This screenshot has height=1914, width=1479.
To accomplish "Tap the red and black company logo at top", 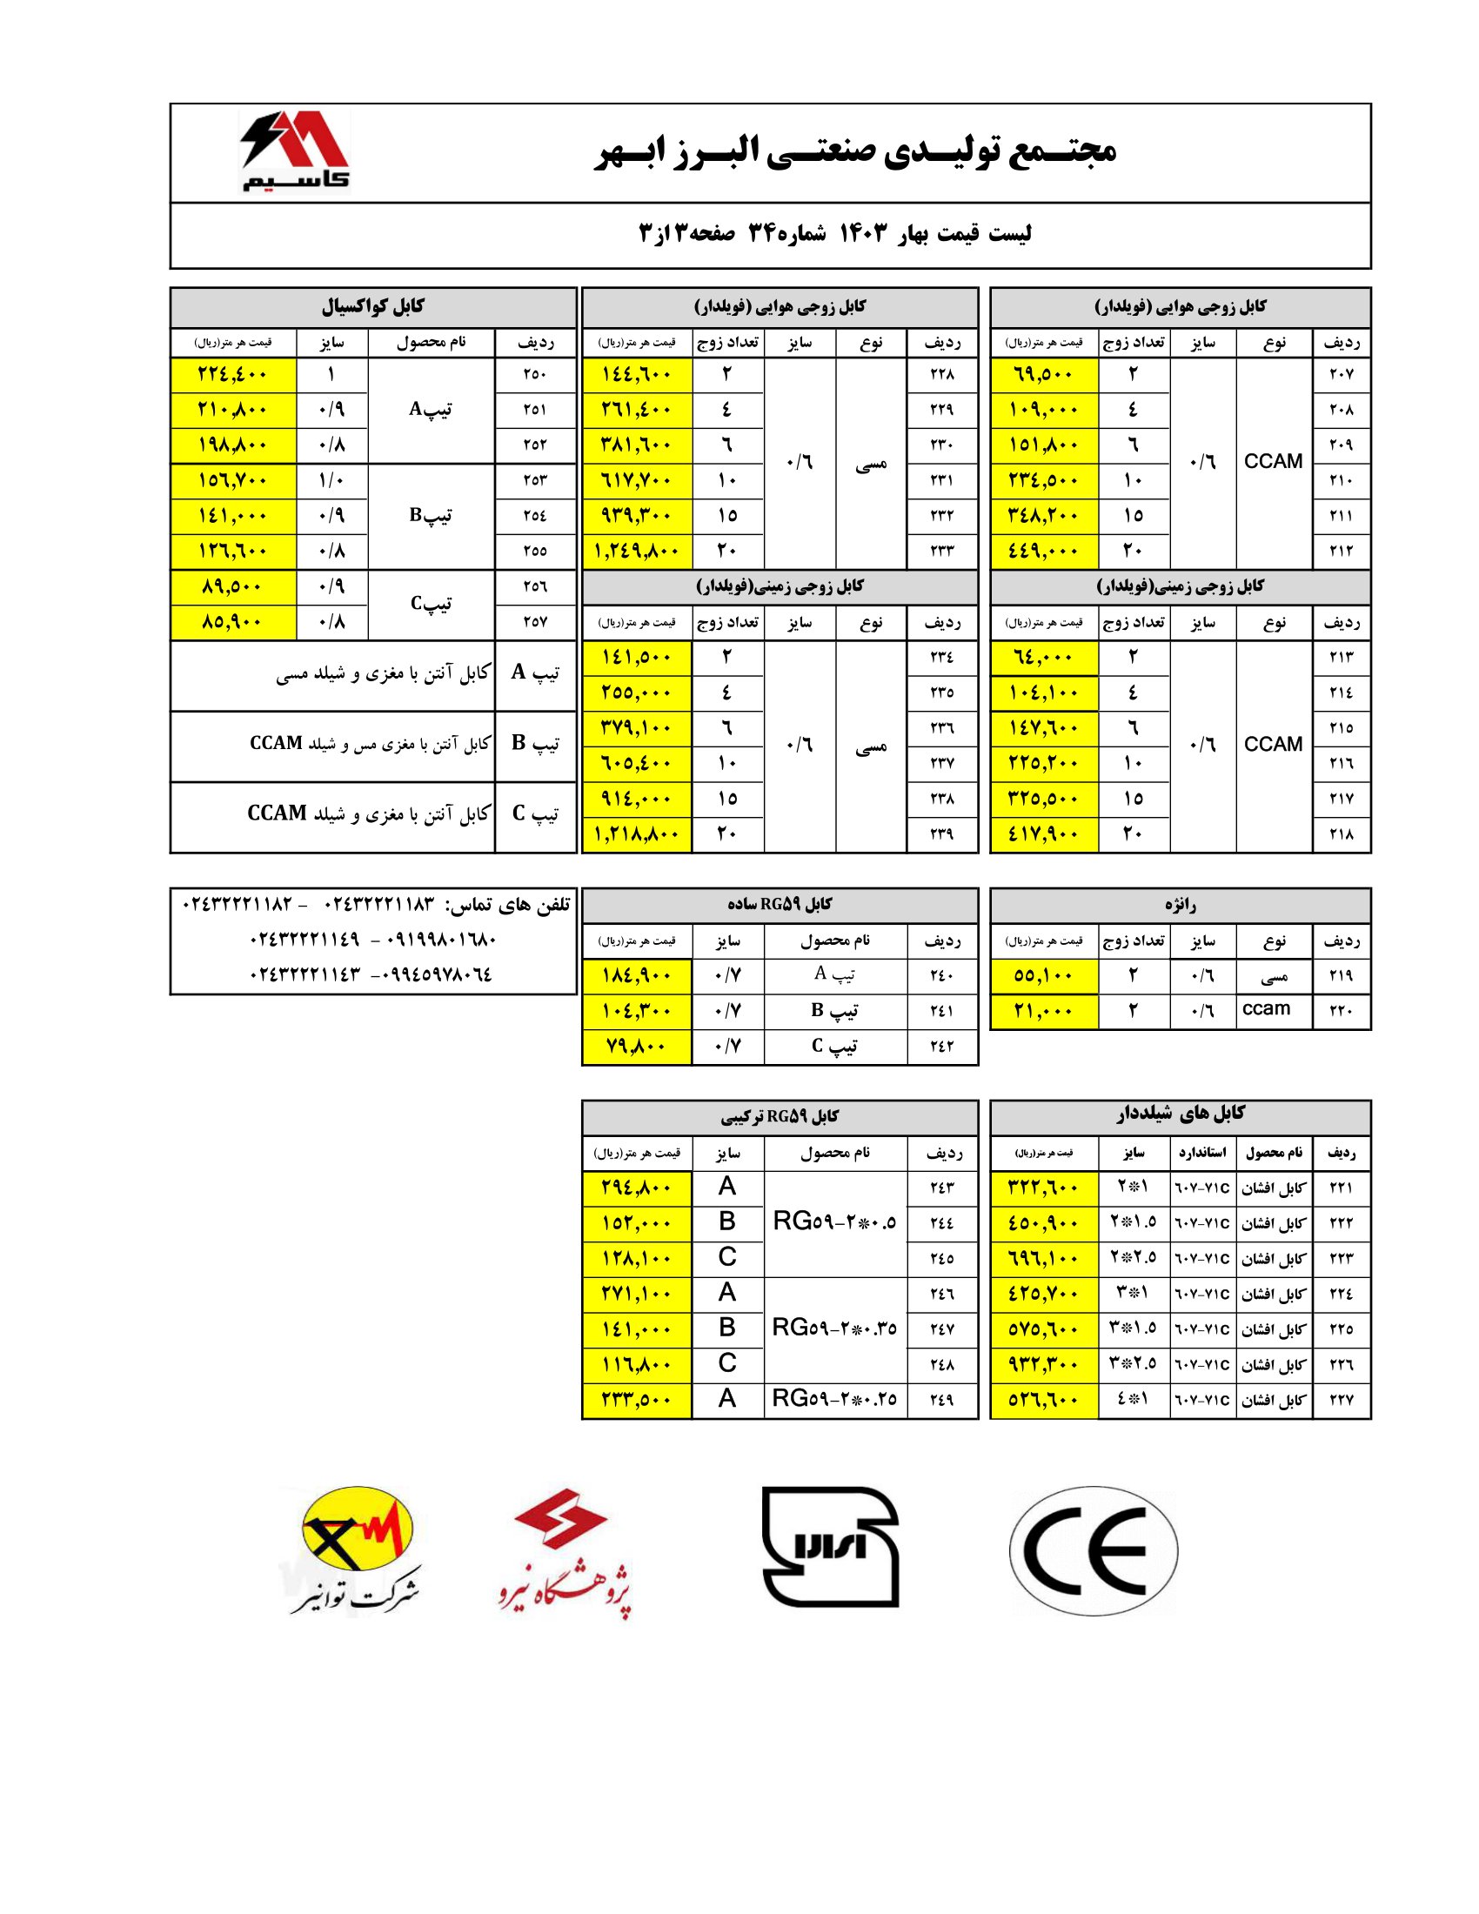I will pos(294,151).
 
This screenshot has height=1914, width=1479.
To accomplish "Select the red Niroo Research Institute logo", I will pos(566,1552).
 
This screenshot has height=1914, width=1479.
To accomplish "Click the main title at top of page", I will pos(855,151).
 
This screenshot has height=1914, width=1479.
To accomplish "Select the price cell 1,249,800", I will pos(637,552).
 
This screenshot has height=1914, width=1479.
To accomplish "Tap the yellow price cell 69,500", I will pos(1042,374).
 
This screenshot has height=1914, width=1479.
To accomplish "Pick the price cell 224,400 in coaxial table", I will pos(233,374).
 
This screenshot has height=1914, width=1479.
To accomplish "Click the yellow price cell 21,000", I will pos(1042,1010).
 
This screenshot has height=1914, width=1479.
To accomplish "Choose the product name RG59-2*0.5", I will pos(834,1222).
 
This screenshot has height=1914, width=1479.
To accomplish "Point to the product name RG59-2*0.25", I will pos(834,1400).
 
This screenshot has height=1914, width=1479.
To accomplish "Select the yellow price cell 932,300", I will pos(1042,1364).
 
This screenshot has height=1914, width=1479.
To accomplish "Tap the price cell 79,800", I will pos(637,1047).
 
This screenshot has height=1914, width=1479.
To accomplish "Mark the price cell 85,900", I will pos(233,622).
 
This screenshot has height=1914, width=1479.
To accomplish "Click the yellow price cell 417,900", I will pos(1042,834).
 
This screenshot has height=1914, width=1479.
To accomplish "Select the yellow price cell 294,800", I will pos(637,1188).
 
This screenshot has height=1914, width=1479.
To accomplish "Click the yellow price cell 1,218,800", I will pos(637,834).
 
